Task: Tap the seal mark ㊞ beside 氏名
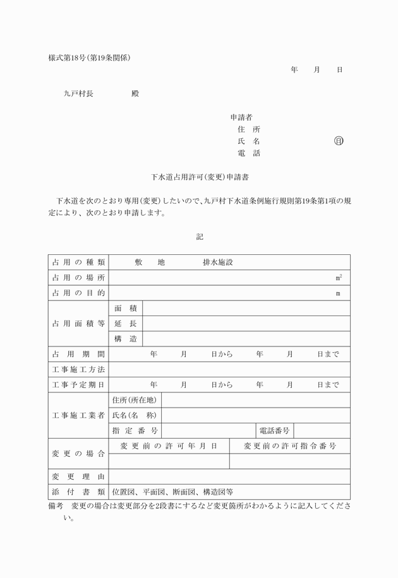tap(339, 141)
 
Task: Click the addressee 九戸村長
tap(79, 93)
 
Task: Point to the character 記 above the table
tap(200, 237)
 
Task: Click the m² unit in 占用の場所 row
tap(339, 278)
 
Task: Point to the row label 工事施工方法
tap(79, 369)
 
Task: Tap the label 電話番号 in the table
tap(274, 430)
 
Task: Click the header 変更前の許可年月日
tap(169, 446)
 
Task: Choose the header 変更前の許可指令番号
tap(290, 446)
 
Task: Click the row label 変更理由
tap(79, 476)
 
